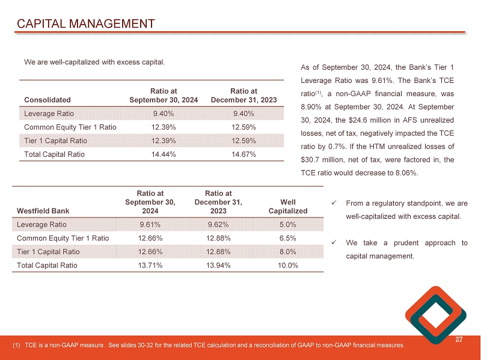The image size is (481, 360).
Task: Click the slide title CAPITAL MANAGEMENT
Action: pyautogui.click(x=85, y=24)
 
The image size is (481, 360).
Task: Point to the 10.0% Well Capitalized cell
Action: pyautogui.click(x=288, y=265)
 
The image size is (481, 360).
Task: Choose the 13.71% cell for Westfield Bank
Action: pyautogui.click(x=150, y=265)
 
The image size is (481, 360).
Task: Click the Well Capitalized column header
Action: pyautogui.click(x=288, y=206)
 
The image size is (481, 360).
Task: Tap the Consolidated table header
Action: pyautogui.click(x=47, y=99)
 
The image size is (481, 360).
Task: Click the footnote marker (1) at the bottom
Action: pyautogui.click(x=17, y=345)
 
